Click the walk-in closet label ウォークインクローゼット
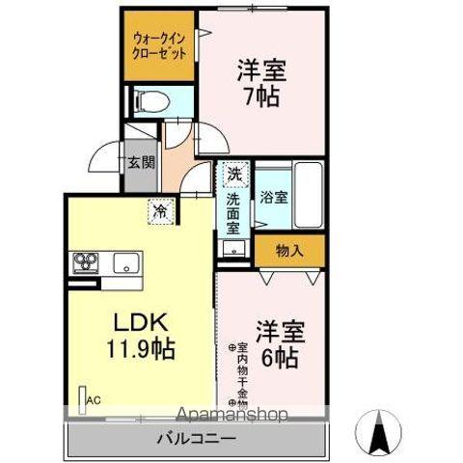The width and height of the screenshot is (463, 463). click(x=159, y=45)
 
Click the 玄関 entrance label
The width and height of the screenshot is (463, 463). click(x=135, y=163)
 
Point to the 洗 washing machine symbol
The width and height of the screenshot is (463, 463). click(x=233, y=176)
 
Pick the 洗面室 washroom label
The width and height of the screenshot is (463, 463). click(x=233, y=215)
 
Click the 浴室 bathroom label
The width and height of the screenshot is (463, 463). click(x=273, y=198)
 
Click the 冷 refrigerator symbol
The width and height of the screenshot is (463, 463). click(x=158, y=207)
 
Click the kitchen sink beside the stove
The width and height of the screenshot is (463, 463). click(x=127, y=262)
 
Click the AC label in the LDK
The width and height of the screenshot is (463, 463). click(x=94, y=399)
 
